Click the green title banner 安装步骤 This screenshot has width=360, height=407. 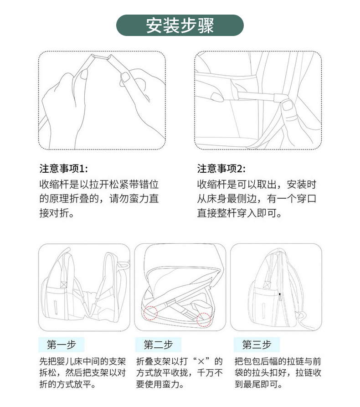coord(180,26)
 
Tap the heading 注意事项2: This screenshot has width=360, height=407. coord(221,169)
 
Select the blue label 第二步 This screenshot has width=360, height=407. coord(158,344)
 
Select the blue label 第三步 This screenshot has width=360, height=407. coord(257,344)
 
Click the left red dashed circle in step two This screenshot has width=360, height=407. coord(149,313)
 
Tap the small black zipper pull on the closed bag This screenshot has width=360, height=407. coord(280,295)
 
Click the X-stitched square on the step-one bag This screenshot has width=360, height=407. coord(64,283)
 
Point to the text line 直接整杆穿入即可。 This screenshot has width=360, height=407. coord(240,213)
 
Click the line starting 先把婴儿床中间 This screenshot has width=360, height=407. coord(82,362)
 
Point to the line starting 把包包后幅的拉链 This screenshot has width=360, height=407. coord(278,362)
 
